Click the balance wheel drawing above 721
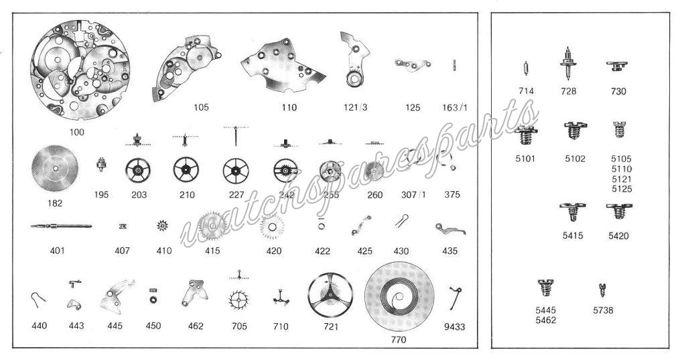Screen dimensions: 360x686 pyautogui.click(x=330, y=295)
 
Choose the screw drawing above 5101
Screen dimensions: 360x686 pyautogui.click(x=527, y=138)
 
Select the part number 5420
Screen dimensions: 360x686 pyautogui.click(x=618, y=235)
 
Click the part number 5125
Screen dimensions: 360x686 pyautogui.click(x=622, y=189)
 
